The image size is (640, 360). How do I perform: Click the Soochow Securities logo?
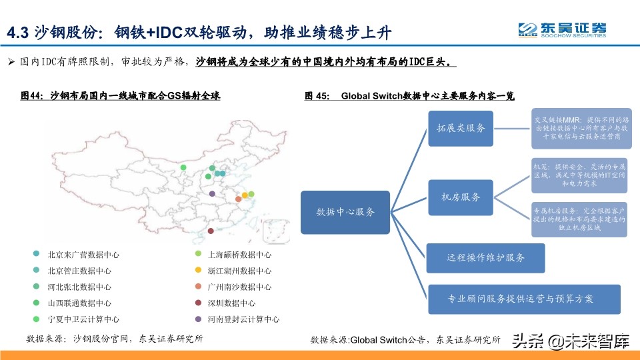563,30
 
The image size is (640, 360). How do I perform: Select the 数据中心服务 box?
345,212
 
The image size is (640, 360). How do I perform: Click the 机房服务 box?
461,197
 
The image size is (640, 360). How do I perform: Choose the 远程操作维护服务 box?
485,257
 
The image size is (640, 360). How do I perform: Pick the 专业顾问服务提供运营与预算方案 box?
524,299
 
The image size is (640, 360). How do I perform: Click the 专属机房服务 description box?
579,219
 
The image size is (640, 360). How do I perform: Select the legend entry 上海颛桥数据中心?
239,255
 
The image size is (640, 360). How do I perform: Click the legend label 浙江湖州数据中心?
239,271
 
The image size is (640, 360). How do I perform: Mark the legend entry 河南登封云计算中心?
243,319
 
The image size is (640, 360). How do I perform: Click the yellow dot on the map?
245,195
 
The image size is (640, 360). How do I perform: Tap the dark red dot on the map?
211,231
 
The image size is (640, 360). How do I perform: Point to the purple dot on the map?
212,193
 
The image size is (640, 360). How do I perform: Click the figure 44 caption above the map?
121,96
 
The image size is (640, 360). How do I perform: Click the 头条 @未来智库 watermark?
570,341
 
